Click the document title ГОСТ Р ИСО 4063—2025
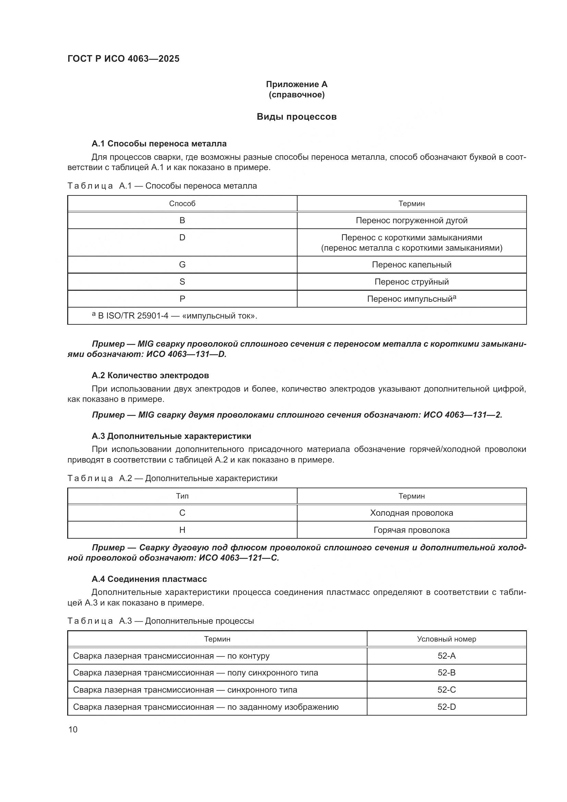pyautogui.click(x=123, y=59)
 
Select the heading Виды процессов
pyautogui.click(x=297, y=117)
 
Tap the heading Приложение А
pyautogui.click(x=297, y=84)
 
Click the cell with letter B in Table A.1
pyautogui.click(x=182, y=220)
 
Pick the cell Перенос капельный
pyautogui.click(x=411, y=265)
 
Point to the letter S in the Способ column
pyautogui.click(x=182, y=282)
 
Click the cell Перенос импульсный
pyautogui.click(x=411, y=299)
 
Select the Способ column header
pyautogui.click(x=182, y=204)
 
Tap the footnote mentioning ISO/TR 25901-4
pyautogui.click(x=174, y=316)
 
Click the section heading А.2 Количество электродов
pyautogui.click(x=150, y=375)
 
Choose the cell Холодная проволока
pyautogui.click(x=411, y=513)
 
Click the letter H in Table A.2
pyautogui.click(x=182, y=530)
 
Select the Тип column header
pyautogui.click(x=182, y=496)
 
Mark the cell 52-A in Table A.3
pyautogui.click(x=446, y=656)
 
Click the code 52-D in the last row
pyautogui.click(x=446, y=707)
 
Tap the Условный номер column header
pyautogui.click(x=446, y=639)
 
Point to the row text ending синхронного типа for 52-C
pyautogui.click(x=185, y=690)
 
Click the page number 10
pyautogui.click(x=73, y=730)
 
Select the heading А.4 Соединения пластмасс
pyautogui.click(x=149, y=579)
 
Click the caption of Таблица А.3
pyautogui.click(x=160, y=621)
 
